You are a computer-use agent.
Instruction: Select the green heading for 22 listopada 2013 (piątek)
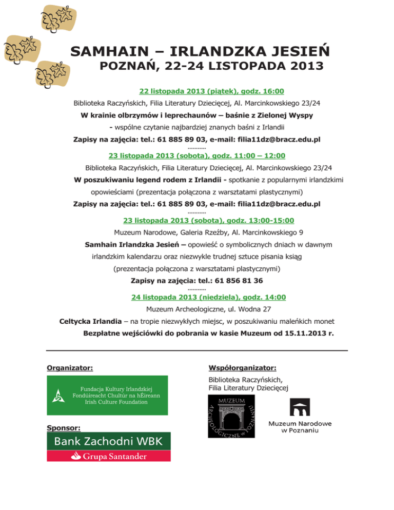pyautogui.click(x=211, y=91)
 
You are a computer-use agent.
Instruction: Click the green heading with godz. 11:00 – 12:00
pyautogui.click(x=197, y=155)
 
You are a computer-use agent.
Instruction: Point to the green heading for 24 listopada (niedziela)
pyautogui.click(x=208, y=297)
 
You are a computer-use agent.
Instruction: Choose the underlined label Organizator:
pyautogui.click(x=70, y=367)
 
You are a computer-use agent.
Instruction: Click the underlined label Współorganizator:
pyautogui.click(x=243, y=367)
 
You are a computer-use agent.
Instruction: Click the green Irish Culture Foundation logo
pyautogui.click(x=107, y=395)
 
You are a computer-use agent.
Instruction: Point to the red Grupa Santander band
pyautogui.click(x=109, y=455)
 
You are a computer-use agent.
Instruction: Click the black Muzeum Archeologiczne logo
pyautogui.click(x=232, y=416)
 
